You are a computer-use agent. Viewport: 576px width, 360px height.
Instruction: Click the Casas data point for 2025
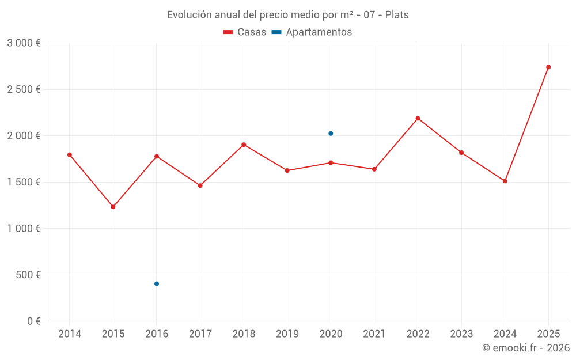tap(548, 67)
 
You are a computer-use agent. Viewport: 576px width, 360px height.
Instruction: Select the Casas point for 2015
tap(113, 207)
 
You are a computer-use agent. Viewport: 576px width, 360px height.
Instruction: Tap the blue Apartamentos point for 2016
tap(157, 283)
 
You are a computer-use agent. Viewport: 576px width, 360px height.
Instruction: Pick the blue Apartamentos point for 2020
tap(331, 134)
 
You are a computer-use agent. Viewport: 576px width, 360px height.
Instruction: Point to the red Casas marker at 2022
tap(418, 118)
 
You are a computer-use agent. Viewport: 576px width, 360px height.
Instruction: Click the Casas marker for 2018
tap(244, 145)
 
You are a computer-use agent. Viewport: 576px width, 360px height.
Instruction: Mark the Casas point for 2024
tap(505, 181)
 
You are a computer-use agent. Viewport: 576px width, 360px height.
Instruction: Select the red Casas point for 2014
tap(70, 154)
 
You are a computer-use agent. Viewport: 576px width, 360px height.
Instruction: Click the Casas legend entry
tap(245, 32)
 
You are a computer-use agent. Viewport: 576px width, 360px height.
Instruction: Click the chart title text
tap(287, 15)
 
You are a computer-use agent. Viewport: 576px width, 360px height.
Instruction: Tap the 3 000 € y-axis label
tap(24, 43)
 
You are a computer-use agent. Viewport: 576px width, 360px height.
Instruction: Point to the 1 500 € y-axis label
tap(24, 182)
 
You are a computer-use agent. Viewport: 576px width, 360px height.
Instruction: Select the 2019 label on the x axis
tap(287, 334)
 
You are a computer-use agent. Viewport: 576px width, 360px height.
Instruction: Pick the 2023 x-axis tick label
tap(461, 334)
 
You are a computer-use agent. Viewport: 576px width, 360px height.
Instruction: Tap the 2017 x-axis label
tap(200, 334)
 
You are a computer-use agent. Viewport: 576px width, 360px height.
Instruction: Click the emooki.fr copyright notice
tap(525, 348)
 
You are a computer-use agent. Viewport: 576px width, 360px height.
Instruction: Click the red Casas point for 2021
tap(374, 169)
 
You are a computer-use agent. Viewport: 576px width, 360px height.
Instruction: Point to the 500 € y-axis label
tap(27, 275)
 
